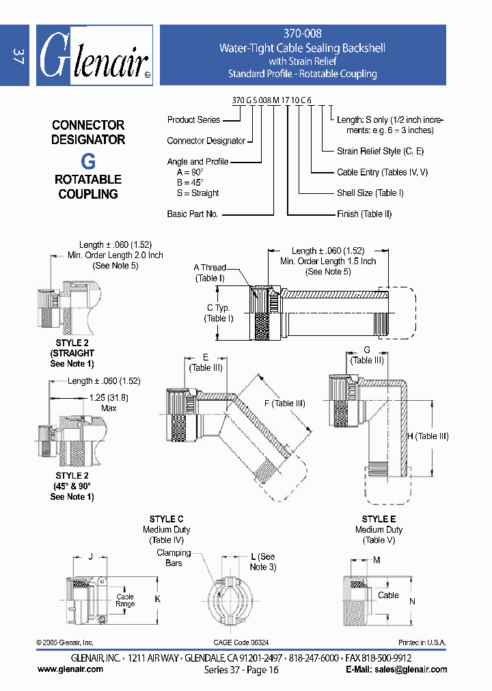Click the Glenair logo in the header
click(94, 56)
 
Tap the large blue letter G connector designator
click(88, 161)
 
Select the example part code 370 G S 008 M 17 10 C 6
click(272, 100)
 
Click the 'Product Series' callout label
click(193, 119)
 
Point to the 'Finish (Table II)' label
click(364, 214)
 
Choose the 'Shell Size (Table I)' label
click(370, 193)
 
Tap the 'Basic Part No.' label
click(192, 214)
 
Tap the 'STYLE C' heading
click(166, 520)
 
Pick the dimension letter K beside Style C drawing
click(158, 598)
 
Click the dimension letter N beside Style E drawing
click(412, 602)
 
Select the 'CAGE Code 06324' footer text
click(241, 643)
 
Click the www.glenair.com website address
click(70, 669)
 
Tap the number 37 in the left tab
click(17, 56)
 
